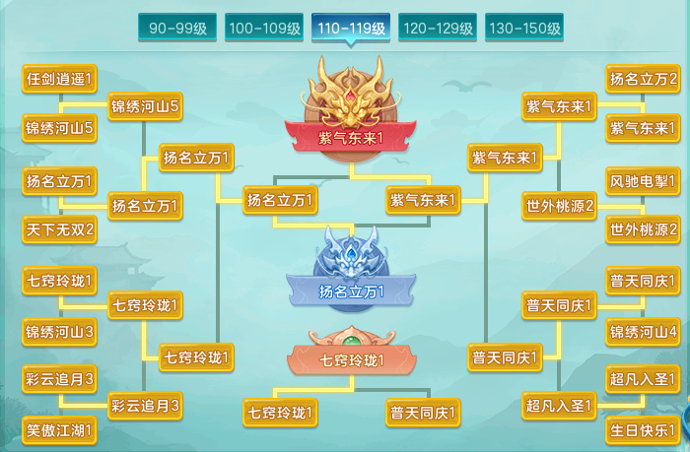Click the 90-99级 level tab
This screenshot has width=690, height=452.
(177, 28)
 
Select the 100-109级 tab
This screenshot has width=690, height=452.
(264, 28)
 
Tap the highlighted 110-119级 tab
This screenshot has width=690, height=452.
(351, 28)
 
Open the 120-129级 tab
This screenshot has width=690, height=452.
(438, 28)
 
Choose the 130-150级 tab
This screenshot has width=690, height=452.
(524, 28)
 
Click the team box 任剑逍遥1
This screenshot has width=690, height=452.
(59, 79)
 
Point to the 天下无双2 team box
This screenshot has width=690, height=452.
(59, 229)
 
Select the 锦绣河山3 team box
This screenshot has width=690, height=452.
(59, 332)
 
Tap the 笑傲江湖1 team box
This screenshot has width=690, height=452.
(59, 430)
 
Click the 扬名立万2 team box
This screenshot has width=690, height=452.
(643, 79)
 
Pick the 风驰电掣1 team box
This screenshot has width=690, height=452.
(643, 181)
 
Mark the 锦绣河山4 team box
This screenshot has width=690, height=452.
(643, 332)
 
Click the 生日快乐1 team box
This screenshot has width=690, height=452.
(643, 430)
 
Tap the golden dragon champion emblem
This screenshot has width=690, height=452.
(351, 95)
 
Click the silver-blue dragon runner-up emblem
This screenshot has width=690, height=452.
(351, 253)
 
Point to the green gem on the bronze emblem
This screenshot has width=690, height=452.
(351, 342)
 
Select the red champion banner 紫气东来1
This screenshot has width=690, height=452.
(351, 138)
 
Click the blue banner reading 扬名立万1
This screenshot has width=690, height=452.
(351, 291)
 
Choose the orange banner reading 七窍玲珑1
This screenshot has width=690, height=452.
(351, 360)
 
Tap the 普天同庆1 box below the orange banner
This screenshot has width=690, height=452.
(423, 413)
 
